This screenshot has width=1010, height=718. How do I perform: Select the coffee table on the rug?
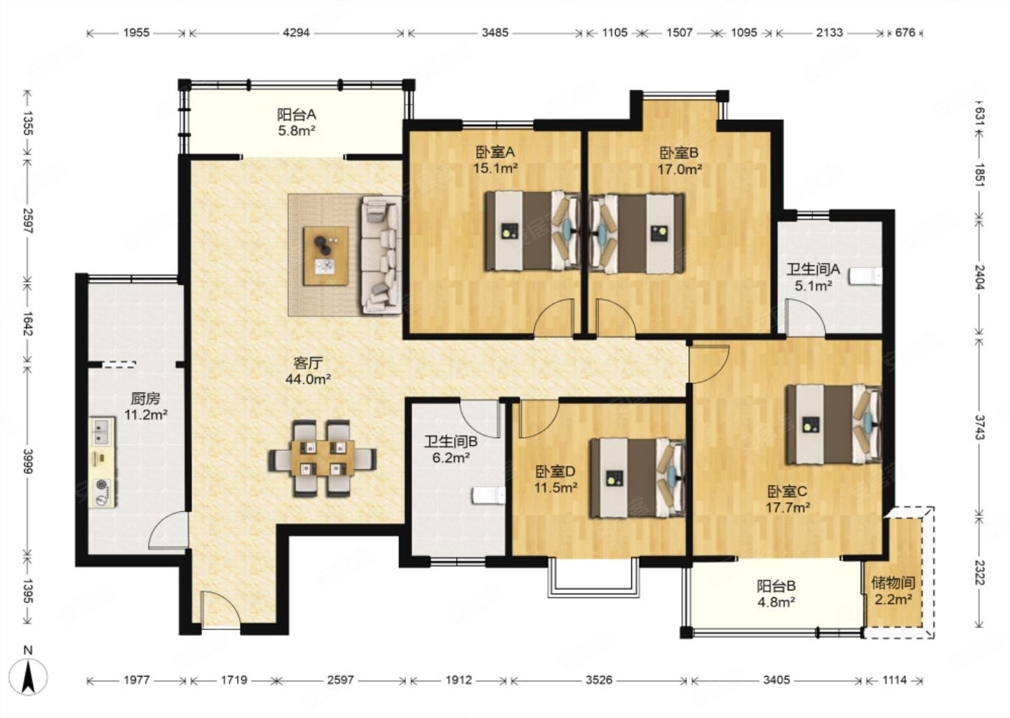[x=325, y=255]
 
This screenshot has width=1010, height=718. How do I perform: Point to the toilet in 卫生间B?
[x=488, y=496]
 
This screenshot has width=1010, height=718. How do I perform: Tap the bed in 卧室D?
[x=638, y=477]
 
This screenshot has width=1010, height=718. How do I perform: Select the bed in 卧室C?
[x=834, y=424]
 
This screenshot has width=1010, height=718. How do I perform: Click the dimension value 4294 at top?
[x=296, y=33]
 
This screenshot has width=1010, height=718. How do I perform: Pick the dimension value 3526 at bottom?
[x=599, y=679]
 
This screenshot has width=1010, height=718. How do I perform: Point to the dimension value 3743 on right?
[x=979, y=427]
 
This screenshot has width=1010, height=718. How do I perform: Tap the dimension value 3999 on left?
[x=28, y=460]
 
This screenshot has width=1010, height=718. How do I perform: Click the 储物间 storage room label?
[x=894, y=583]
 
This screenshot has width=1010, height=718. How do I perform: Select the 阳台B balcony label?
[x=776, y=586]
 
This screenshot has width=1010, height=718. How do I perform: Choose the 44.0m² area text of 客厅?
[x=308, y=379]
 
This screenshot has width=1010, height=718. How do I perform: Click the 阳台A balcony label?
[x=296, y=115]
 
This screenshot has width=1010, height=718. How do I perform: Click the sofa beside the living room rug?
[x=381, y=255]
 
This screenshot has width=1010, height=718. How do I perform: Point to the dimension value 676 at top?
[x=905, y=33]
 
